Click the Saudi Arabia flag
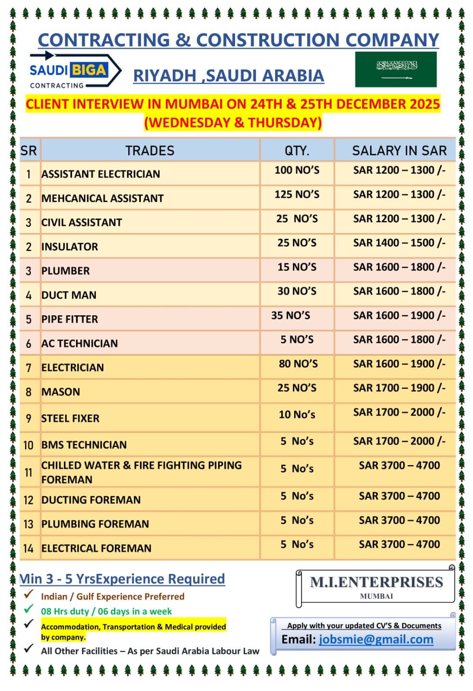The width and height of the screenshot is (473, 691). coord(396,69)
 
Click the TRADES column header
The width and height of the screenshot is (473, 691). coord(150,150)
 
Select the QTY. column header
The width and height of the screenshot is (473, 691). coord(297,150)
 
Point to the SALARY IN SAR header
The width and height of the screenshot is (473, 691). coord(399,150)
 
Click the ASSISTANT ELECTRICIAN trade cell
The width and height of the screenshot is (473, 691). coord(101,174)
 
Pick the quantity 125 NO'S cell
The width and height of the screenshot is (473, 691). coord(297,194)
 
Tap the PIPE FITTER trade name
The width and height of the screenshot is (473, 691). coord(70,319)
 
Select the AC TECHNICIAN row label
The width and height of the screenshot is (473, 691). coord(79,343)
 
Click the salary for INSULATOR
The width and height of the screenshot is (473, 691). coord(399,243)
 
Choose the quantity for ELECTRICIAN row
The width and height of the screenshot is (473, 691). coord(298,364)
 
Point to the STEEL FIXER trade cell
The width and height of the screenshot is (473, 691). coord(70,418)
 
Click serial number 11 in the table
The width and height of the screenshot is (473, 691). coord(29,472)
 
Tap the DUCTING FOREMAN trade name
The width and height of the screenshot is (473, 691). coord(91,500)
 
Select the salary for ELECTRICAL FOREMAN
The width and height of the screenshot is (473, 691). coord(399,544)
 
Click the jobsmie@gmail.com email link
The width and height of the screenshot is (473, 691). coord(376,639)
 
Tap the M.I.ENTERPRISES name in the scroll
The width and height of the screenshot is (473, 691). coord(376,582)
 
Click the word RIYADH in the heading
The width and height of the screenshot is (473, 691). coord(165,76)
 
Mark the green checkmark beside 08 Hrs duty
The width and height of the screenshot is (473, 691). coord(29,609)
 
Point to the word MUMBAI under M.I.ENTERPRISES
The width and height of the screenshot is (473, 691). coord(376,596)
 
